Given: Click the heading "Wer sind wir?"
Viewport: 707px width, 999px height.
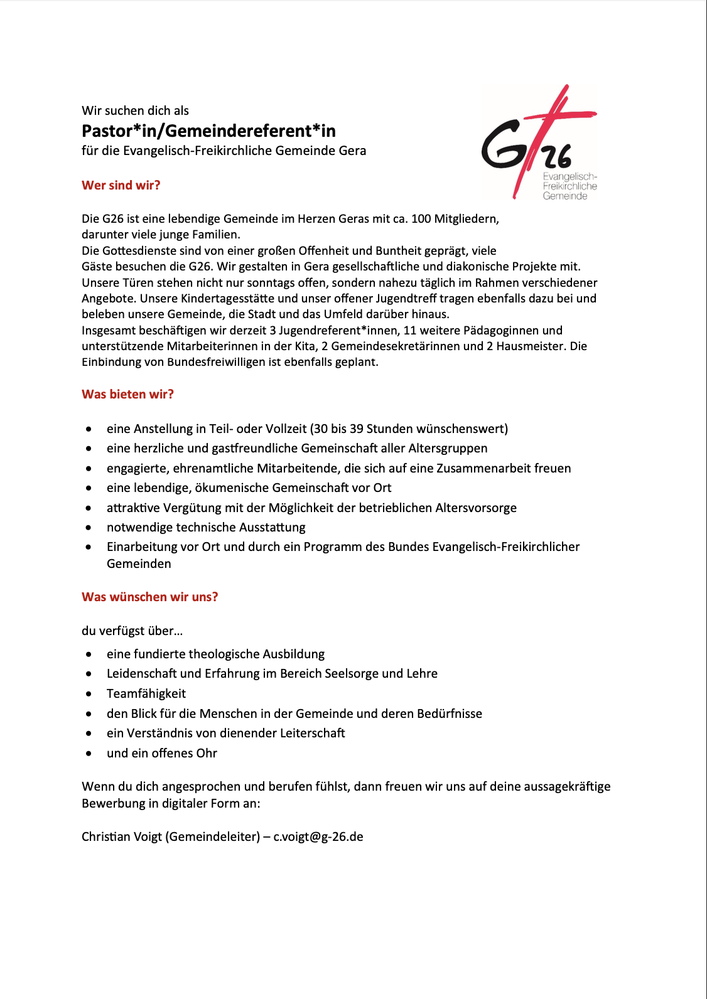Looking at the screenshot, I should coord(121,185).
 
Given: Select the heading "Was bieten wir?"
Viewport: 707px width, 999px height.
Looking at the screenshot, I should coord(127,394).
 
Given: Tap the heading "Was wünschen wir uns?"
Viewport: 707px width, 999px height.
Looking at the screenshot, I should coord(150,597).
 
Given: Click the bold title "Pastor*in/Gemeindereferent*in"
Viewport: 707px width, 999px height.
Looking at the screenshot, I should coord(208,131).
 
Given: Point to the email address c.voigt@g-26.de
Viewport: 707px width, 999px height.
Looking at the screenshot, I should coord(318,836).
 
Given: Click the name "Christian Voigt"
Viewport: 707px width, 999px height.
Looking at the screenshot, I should coord(122,836).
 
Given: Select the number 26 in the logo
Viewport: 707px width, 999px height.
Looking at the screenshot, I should coord(558,156).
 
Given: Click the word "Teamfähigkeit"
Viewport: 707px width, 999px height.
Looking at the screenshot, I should coord(146,693).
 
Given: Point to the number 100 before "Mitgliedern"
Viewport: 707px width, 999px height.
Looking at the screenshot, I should coord(421,218).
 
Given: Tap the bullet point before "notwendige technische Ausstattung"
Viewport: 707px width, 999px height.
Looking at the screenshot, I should coord(89,528).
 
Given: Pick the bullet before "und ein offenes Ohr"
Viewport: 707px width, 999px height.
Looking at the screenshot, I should coord(89,754).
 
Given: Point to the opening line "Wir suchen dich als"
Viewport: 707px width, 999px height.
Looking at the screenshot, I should coord(135,110).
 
